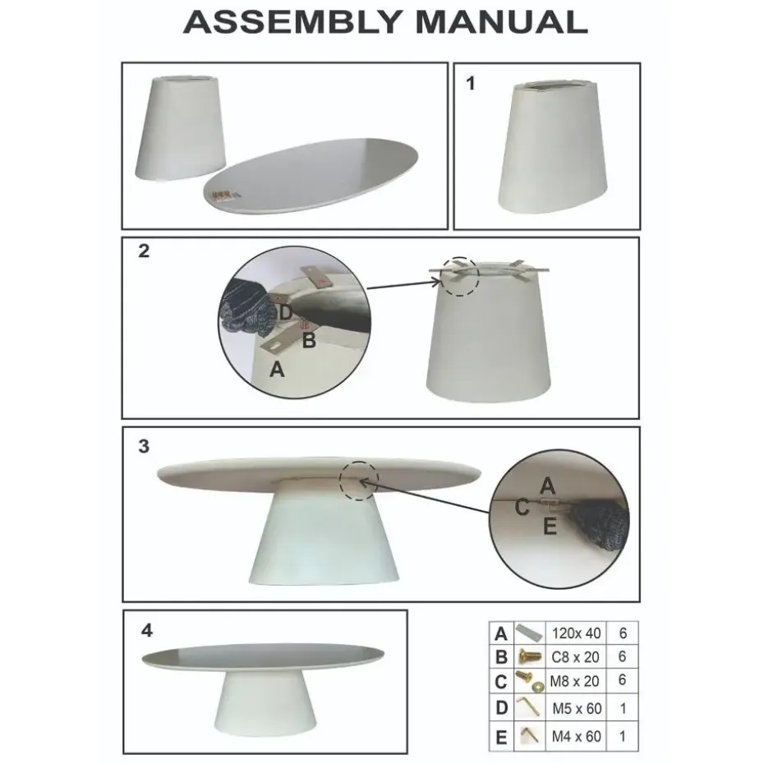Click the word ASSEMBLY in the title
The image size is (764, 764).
click(292, 22)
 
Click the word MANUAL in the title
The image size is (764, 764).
click(501, 22)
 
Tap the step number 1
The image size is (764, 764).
click(470, 83)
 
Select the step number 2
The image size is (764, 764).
click(144, 251)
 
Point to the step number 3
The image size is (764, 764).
click(144, 446)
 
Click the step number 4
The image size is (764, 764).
click(147, 630)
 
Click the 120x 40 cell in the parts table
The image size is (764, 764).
click(576, 633)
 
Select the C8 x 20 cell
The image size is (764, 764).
click(576, 657)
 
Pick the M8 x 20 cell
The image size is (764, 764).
click(576, 681)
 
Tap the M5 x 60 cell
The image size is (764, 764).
click(576, 707)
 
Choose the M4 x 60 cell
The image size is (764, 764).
click(576, 736)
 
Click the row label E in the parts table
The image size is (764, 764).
click(501, 737)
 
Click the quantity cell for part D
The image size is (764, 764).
click(623, 707)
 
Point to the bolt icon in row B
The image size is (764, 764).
click(530, 657)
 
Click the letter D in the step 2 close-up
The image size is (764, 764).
click(286, 312)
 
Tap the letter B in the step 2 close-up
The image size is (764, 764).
click(309, 340)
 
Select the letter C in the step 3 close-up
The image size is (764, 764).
click(522, 507)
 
